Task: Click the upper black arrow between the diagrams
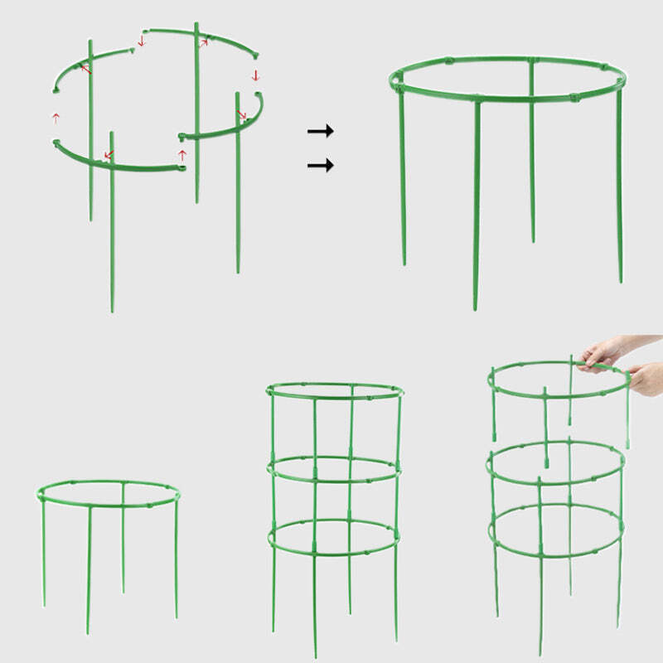click(x=320, y=131)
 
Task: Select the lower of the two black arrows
click(x=320, y=166)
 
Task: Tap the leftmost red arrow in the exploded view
click(x=56, y=118)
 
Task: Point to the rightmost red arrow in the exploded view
click(x=256, y=75)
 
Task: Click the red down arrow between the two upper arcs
click(x=142, y=41)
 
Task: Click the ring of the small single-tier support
click(x=108, y=504)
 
